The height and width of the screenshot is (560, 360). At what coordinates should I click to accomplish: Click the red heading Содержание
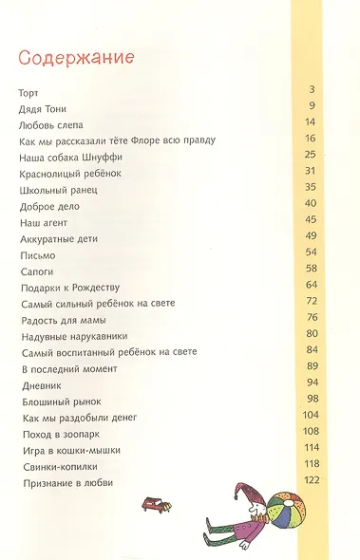click(74, 58)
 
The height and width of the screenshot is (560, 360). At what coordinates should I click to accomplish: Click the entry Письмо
click(37, 256)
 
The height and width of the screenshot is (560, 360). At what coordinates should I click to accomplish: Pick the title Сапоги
click(36, 272)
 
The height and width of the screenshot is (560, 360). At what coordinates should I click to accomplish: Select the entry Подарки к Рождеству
click(71, 289)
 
